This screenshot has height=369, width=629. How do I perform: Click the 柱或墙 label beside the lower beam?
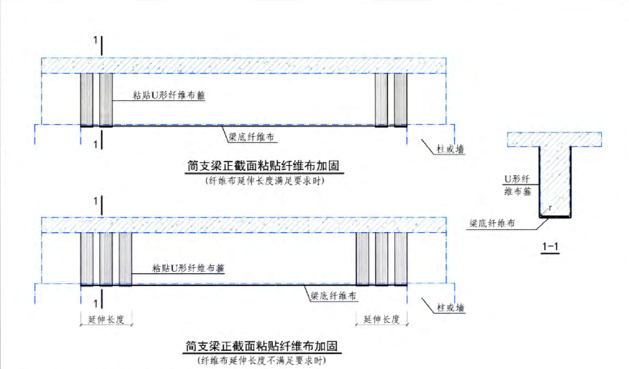click(x=451, y=308)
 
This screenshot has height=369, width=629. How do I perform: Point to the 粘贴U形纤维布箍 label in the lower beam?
click(x=189, y=268)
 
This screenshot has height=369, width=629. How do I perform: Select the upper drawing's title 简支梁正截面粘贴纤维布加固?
click(x=264, y=166)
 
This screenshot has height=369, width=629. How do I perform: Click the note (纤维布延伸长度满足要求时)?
click(x=264, y=181)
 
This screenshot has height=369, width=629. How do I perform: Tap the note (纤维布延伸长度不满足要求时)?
click(x=264, y=360)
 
